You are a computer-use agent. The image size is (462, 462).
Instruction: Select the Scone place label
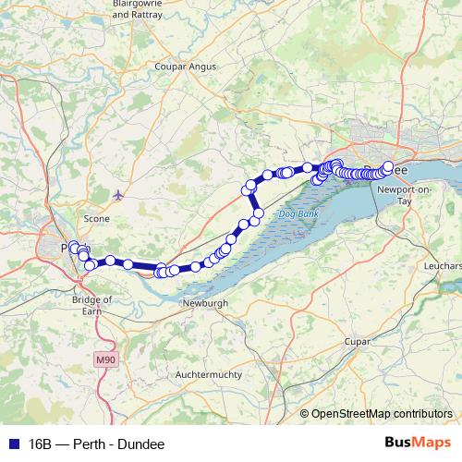pos(97,219)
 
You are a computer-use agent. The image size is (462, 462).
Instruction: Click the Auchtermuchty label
pos(208,375)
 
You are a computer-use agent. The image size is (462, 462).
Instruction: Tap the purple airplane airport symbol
pos(117,194)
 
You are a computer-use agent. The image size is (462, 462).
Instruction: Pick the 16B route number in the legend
pos(41,443)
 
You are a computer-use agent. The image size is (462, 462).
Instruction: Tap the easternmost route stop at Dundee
pos(388,167)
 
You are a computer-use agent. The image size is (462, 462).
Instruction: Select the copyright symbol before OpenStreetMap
pos(305,414)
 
